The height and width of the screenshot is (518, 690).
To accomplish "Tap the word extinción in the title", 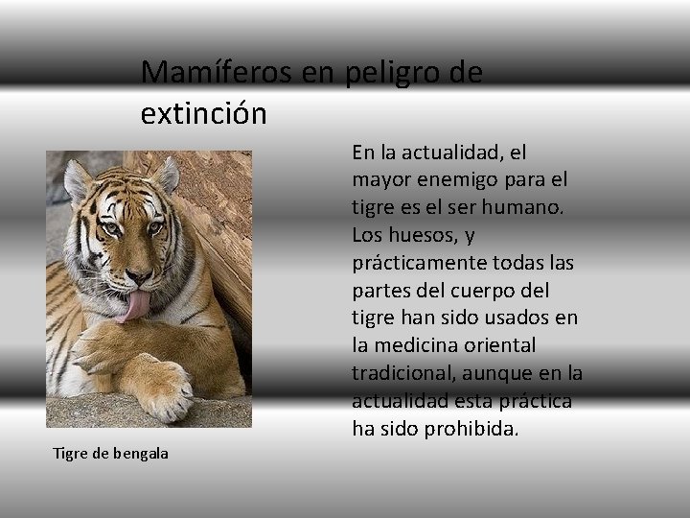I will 203,114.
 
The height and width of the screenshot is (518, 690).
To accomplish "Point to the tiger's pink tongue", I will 136,306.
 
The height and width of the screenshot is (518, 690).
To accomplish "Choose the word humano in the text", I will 535,207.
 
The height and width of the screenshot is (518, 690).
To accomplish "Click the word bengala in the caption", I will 141,453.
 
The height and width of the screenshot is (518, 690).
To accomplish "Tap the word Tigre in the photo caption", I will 70,453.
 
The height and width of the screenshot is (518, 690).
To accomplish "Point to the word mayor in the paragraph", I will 379,179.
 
